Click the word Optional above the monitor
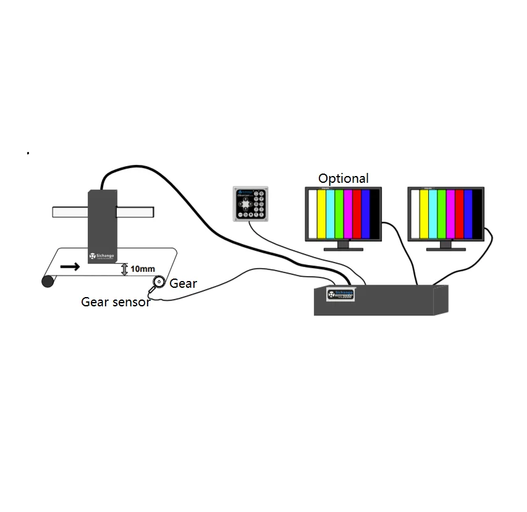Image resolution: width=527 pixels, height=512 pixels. [343, 178]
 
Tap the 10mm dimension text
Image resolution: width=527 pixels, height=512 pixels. [143, 269]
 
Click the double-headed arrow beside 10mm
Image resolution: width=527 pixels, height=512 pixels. [124, 269]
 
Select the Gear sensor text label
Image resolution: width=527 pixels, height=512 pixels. [116, 302]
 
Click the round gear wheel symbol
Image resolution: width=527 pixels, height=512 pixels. [159, 282]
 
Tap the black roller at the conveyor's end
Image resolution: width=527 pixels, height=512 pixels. [47, 282]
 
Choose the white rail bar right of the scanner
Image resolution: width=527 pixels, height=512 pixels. [134, 211]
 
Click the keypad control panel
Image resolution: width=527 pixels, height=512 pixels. [250, 204]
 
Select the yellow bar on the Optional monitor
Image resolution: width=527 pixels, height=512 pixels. [321, 214]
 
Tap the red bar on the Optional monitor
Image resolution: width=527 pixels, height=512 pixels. [356, 214]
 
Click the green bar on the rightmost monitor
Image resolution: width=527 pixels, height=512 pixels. [441, 214]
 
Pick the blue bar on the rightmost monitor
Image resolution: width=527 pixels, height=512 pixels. [468, 214]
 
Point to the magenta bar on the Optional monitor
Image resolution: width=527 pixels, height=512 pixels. [348, 214]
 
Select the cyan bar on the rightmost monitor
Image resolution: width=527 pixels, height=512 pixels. [432, 214]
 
